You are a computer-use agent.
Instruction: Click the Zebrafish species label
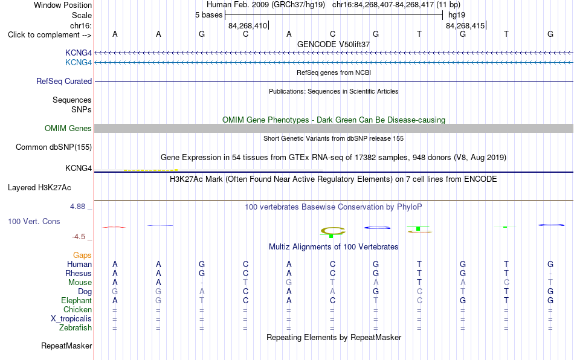[76, 328]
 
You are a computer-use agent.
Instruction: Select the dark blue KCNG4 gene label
[79, 53]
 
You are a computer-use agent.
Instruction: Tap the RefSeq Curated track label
[64, 81]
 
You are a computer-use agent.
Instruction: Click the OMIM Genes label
[68, 129]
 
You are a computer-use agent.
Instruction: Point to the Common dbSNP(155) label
[54, 147]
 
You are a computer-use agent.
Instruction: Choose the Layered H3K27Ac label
[39, 188]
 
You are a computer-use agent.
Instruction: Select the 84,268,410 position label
[248, 25]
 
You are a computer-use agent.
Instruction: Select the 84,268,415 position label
[465, 25]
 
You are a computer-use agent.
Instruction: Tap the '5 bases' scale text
[208, 15]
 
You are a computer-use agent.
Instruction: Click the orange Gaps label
[82, 255]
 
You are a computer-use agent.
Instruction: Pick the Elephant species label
[77, 300]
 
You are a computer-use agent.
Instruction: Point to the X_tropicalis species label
[71, 319]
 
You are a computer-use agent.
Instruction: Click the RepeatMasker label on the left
[66, 346]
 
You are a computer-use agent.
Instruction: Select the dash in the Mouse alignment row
[202, 283]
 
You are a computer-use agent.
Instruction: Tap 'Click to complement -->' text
[50, 35]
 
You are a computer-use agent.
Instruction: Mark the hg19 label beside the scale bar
[457, 15]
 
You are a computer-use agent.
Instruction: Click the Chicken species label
[77, 309]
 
